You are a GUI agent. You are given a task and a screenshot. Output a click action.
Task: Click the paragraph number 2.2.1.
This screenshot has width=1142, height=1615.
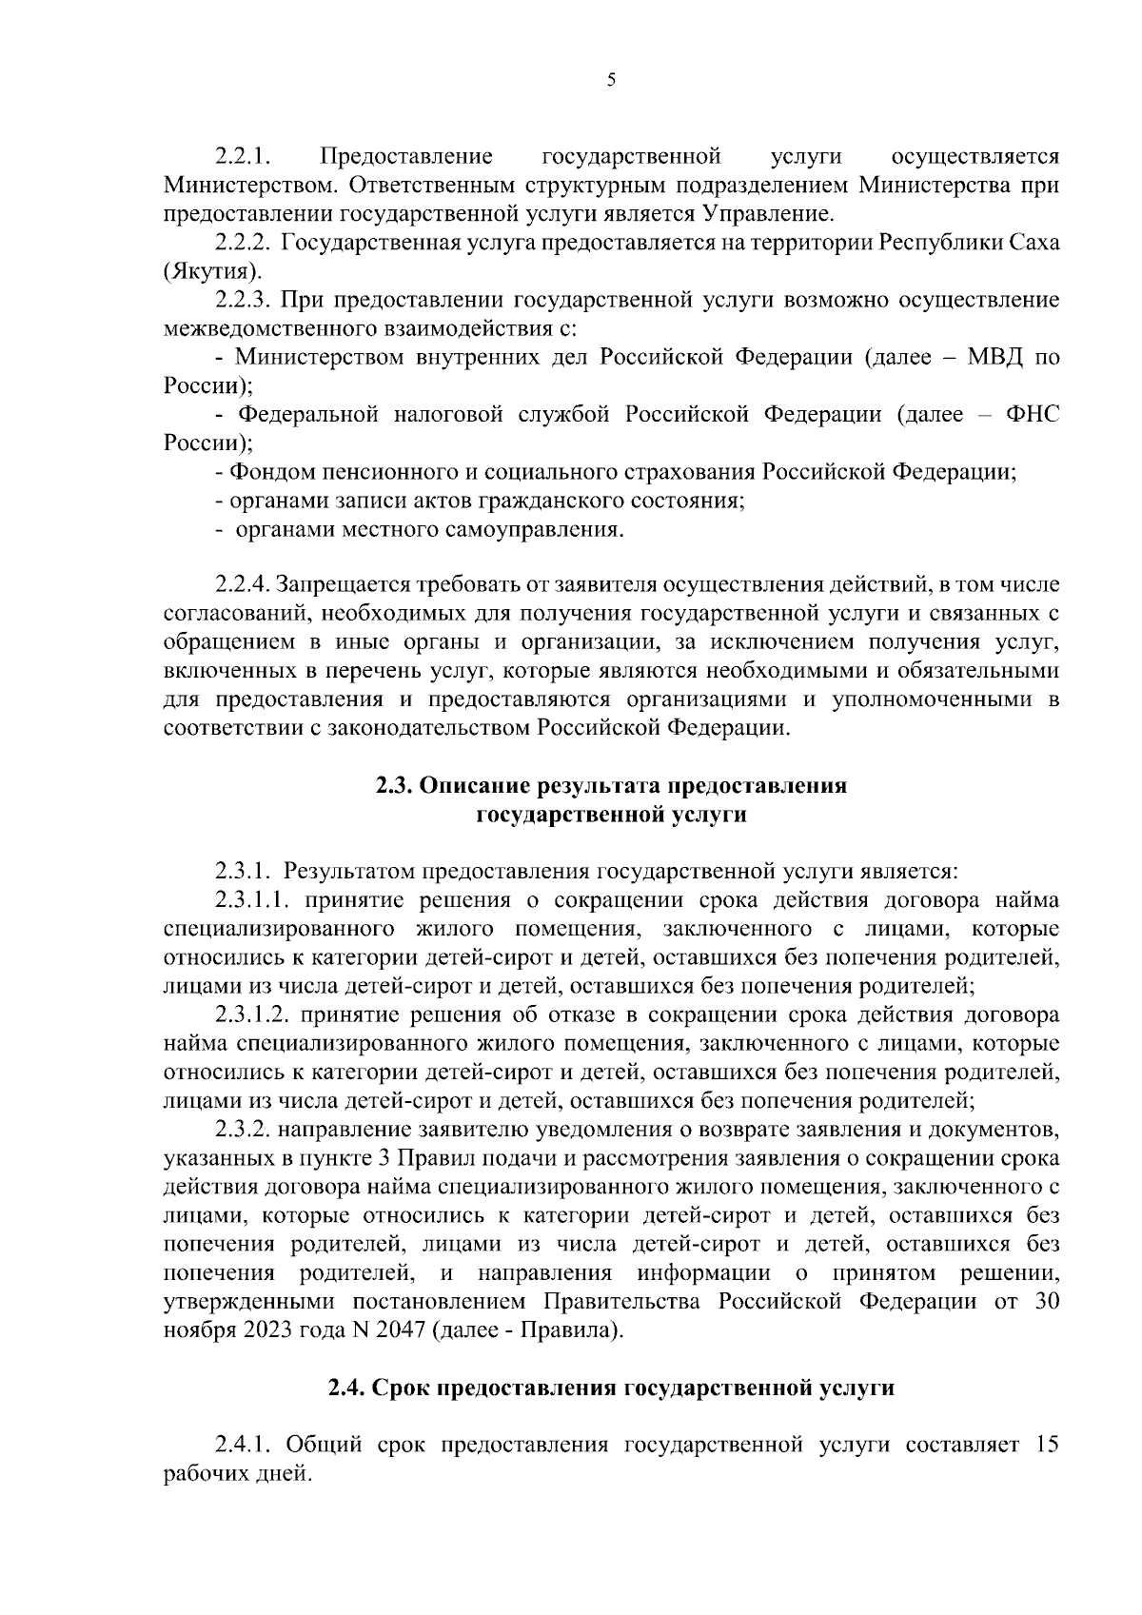[244, 155]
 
